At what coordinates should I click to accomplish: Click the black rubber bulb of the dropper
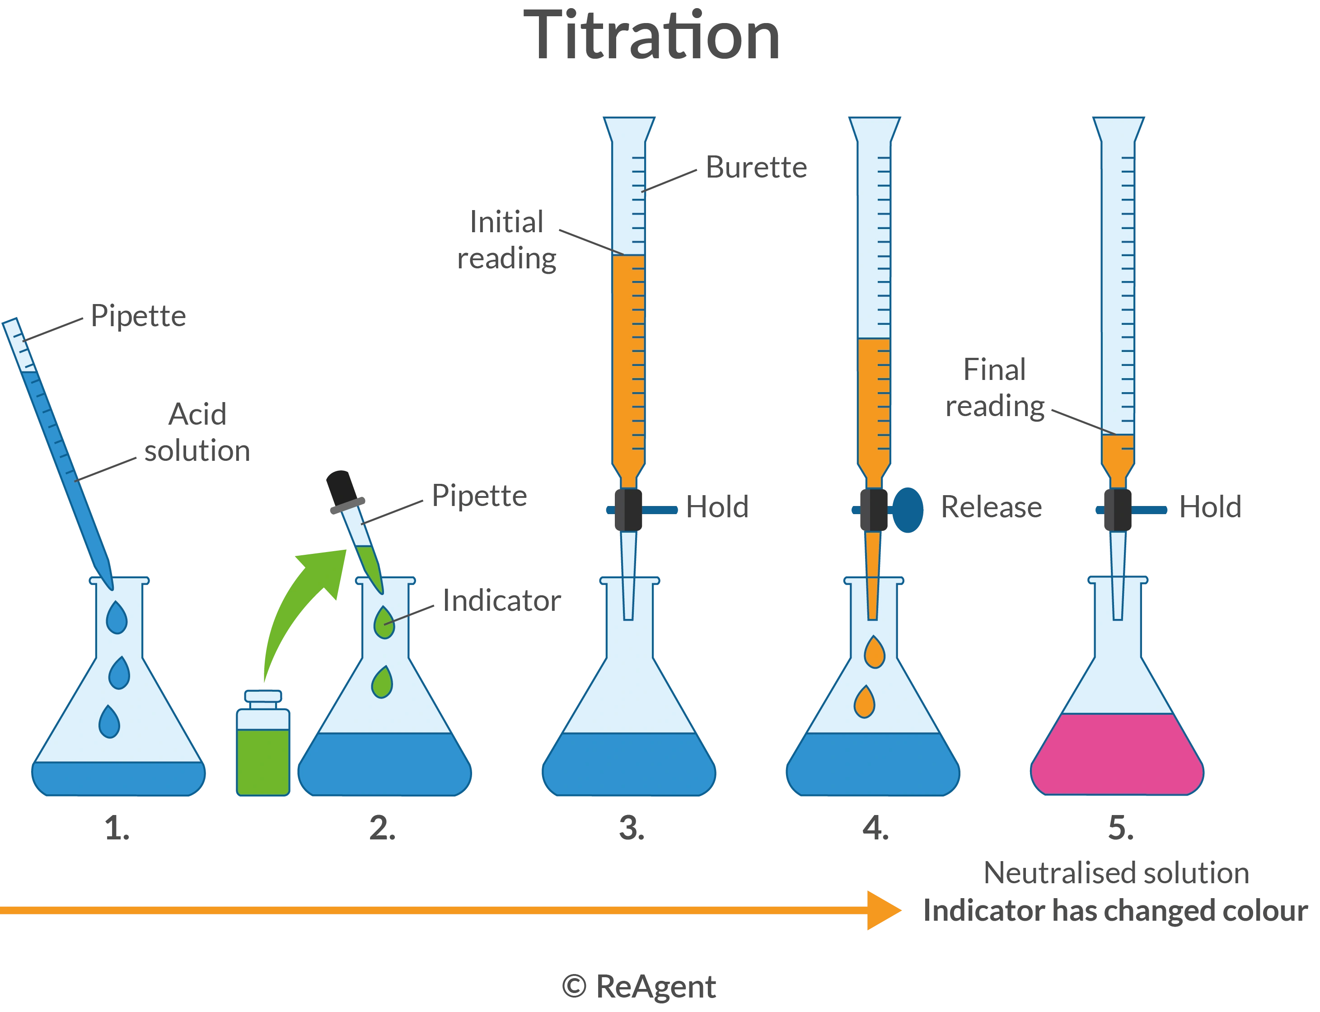338,482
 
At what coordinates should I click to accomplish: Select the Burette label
756,168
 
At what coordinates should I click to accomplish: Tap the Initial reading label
506,247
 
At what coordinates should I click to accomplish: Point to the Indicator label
503,600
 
